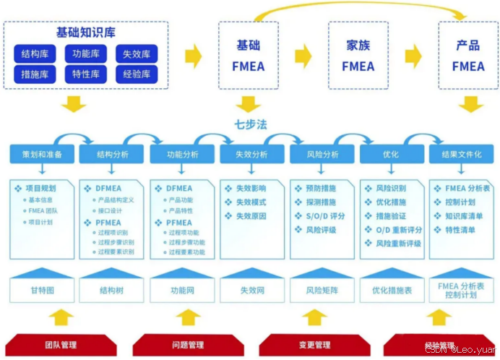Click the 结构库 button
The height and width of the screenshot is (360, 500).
pos(35,54)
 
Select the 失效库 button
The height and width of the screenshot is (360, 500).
pos(137,54)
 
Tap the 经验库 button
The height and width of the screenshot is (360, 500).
pos(137,74)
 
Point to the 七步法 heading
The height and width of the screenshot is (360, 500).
pos(251,124)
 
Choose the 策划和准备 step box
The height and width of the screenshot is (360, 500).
pos(42,154)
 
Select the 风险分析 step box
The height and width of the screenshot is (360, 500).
pos(322,154)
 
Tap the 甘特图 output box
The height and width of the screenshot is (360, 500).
pos(42,290)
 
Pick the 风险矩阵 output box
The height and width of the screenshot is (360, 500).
pos(322,290)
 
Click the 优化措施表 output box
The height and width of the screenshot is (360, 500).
pos(392,290)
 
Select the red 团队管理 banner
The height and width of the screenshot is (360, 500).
pos(60,345)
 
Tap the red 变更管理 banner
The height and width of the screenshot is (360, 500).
pos(314,345)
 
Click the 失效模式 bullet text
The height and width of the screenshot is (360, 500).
pos(250,202)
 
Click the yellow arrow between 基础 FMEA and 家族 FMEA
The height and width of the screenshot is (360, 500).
pos(303,55)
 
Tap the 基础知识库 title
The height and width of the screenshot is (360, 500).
pos(85,33)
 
